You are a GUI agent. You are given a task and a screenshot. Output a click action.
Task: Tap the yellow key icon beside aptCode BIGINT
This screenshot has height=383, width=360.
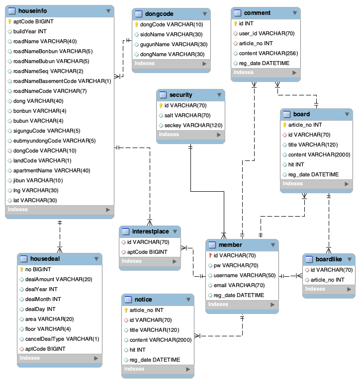tap(9, 22)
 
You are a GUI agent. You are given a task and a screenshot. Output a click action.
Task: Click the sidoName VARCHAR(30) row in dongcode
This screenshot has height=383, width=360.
tap(164, 34)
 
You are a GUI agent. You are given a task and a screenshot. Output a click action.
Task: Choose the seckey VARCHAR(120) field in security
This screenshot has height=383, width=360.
tap(193, 125)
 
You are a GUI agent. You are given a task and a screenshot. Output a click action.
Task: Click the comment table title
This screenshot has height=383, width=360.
tap(258, 13)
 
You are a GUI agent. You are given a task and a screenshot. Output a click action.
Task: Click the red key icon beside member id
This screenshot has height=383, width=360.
tap(210, 255)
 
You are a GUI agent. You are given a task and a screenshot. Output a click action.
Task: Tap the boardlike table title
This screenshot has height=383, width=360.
tap(329, 259)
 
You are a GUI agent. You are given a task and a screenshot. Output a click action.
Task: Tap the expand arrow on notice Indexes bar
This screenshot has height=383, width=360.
tap(187, 370)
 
